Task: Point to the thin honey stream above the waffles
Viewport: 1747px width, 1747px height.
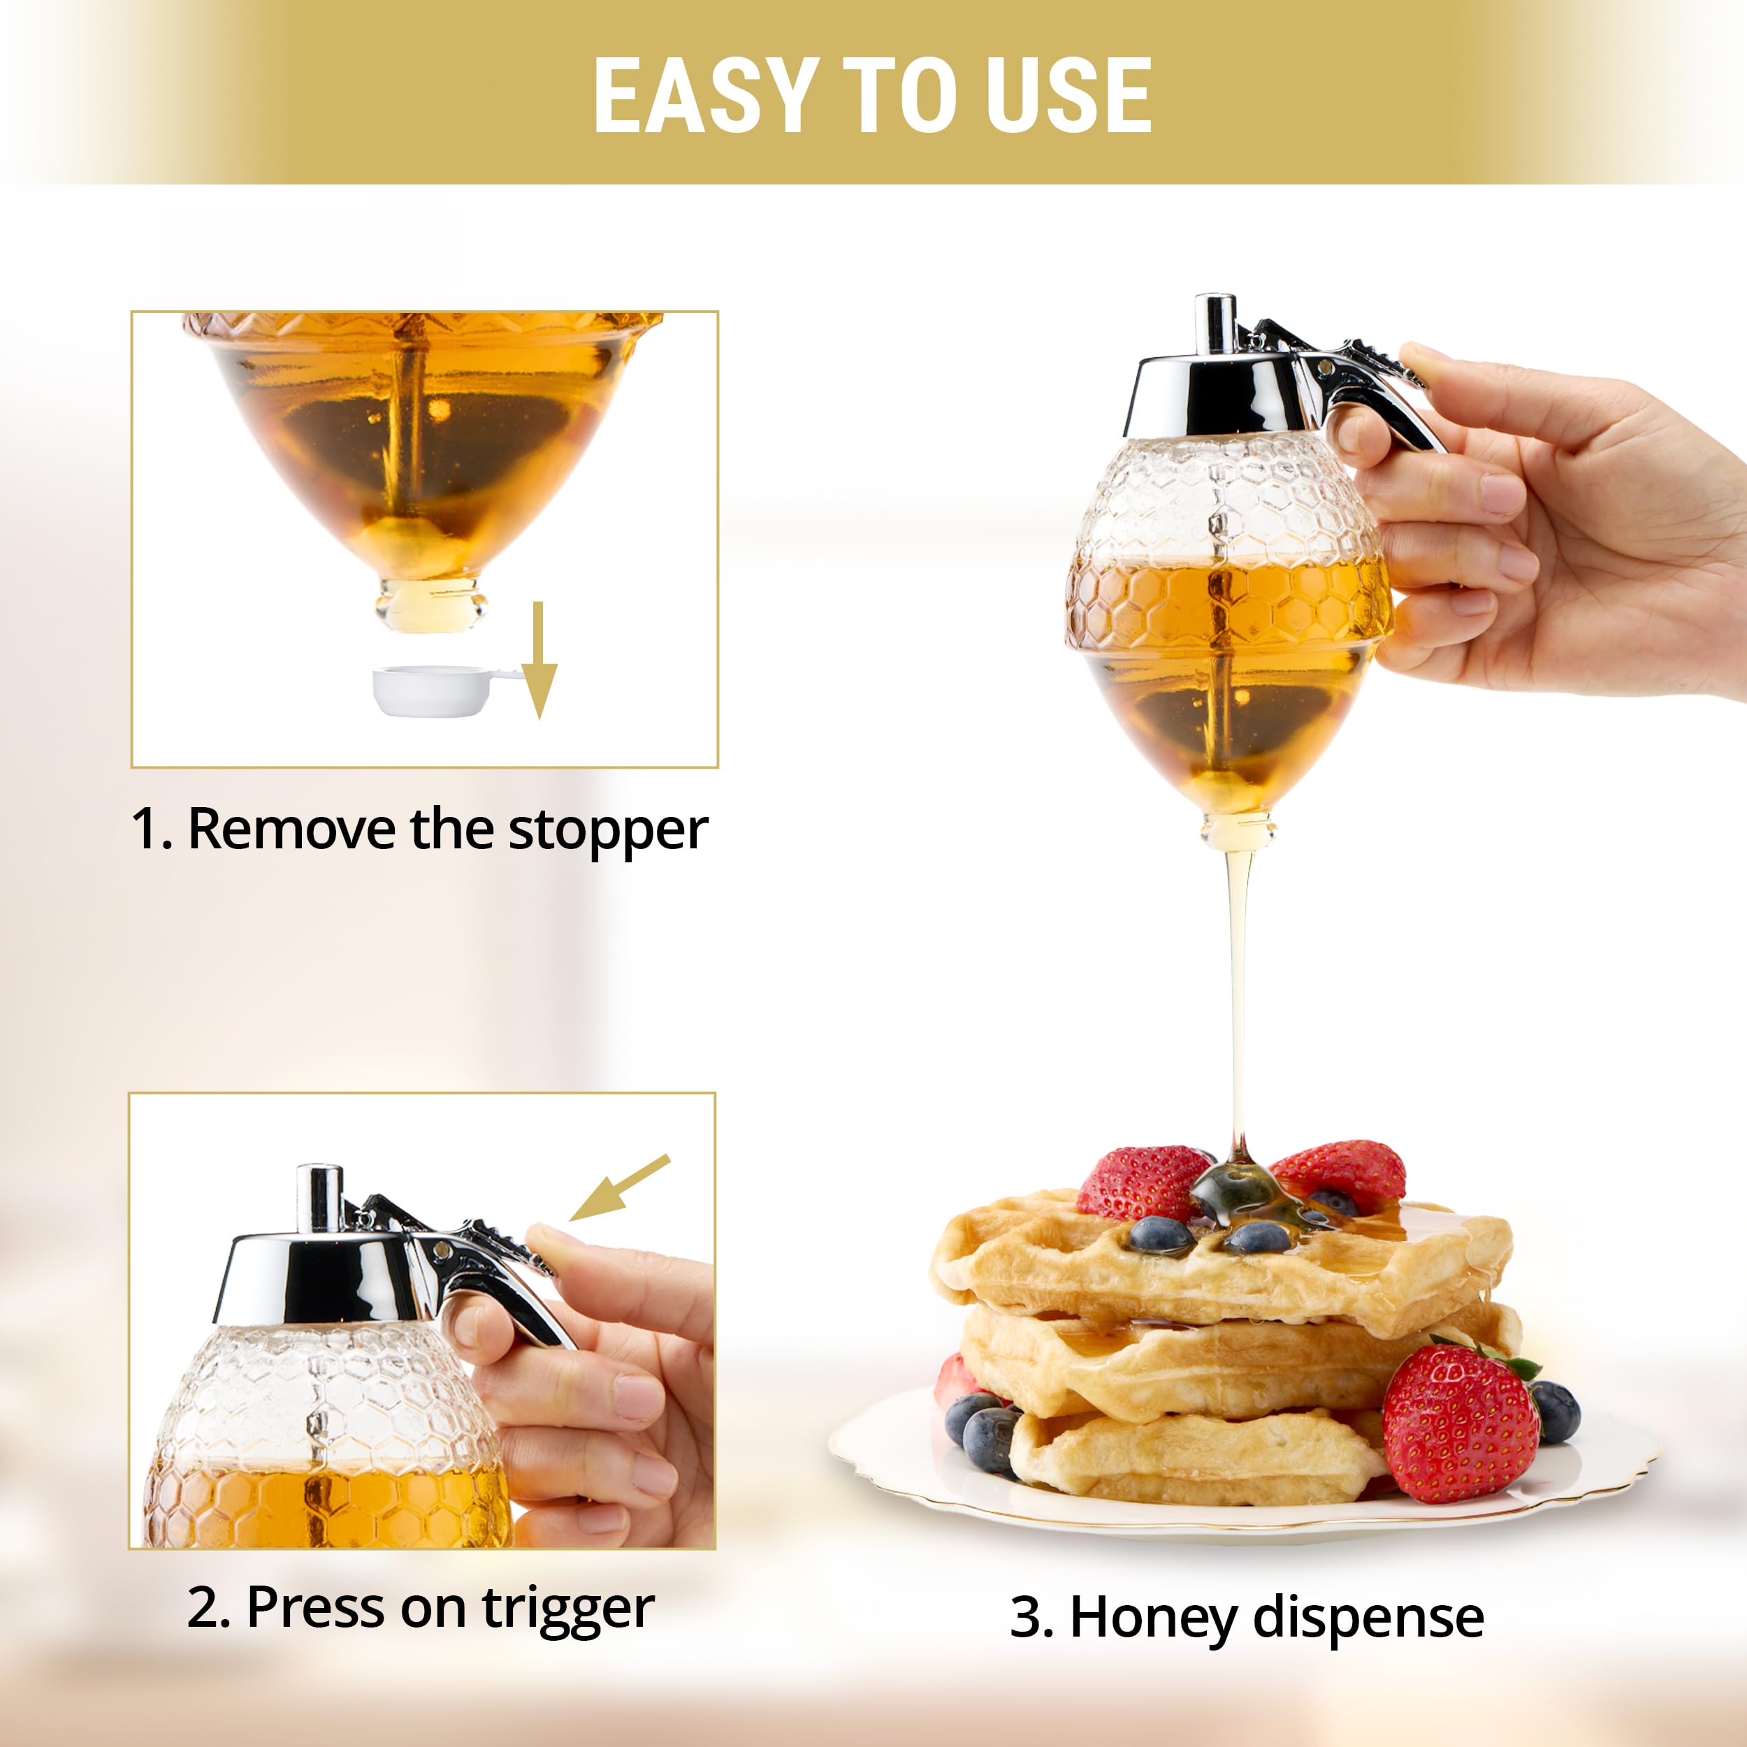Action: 1239,994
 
